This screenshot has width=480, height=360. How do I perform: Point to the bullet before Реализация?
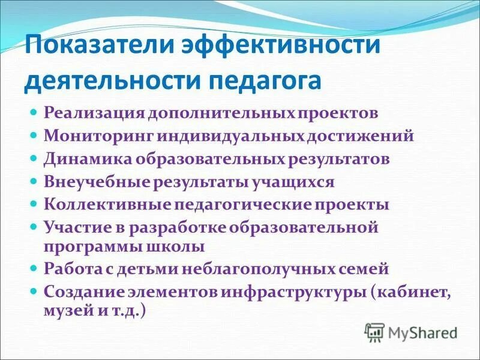pos(34,112)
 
